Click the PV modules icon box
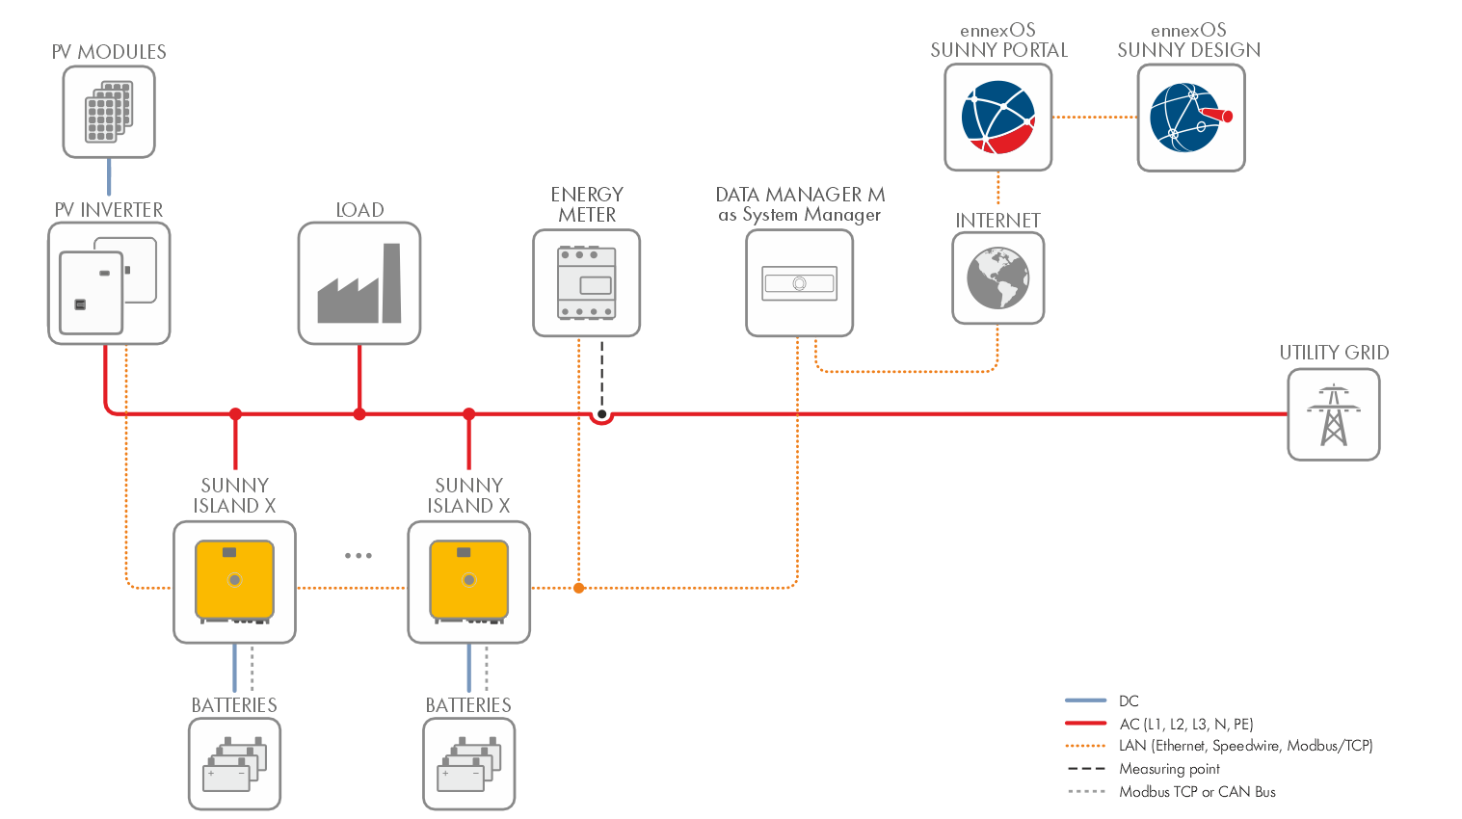point(109,112)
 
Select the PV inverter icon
point(109,283)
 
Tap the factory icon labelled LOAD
point(359,283)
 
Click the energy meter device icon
point(586,283)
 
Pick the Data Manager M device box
point(799,283)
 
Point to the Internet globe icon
point(997,278)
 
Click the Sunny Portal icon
point(997,118)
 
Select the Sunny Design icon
point(1190,118)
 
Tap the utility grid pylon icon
point(1333,414)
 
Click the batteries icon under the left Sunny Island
point(234,764)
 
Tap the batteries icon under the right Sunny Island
point(468,764)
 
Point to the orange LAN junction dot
point(578,587)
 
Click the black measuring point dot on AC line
point(601,415)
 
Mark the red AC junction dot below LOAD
point(359,414)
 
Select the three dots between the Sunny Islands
point(358,555)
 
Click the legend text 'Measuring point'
point(1169,769)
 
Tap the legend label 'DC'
point(1129,700)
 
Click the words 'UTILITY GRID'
point(1334,353)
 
